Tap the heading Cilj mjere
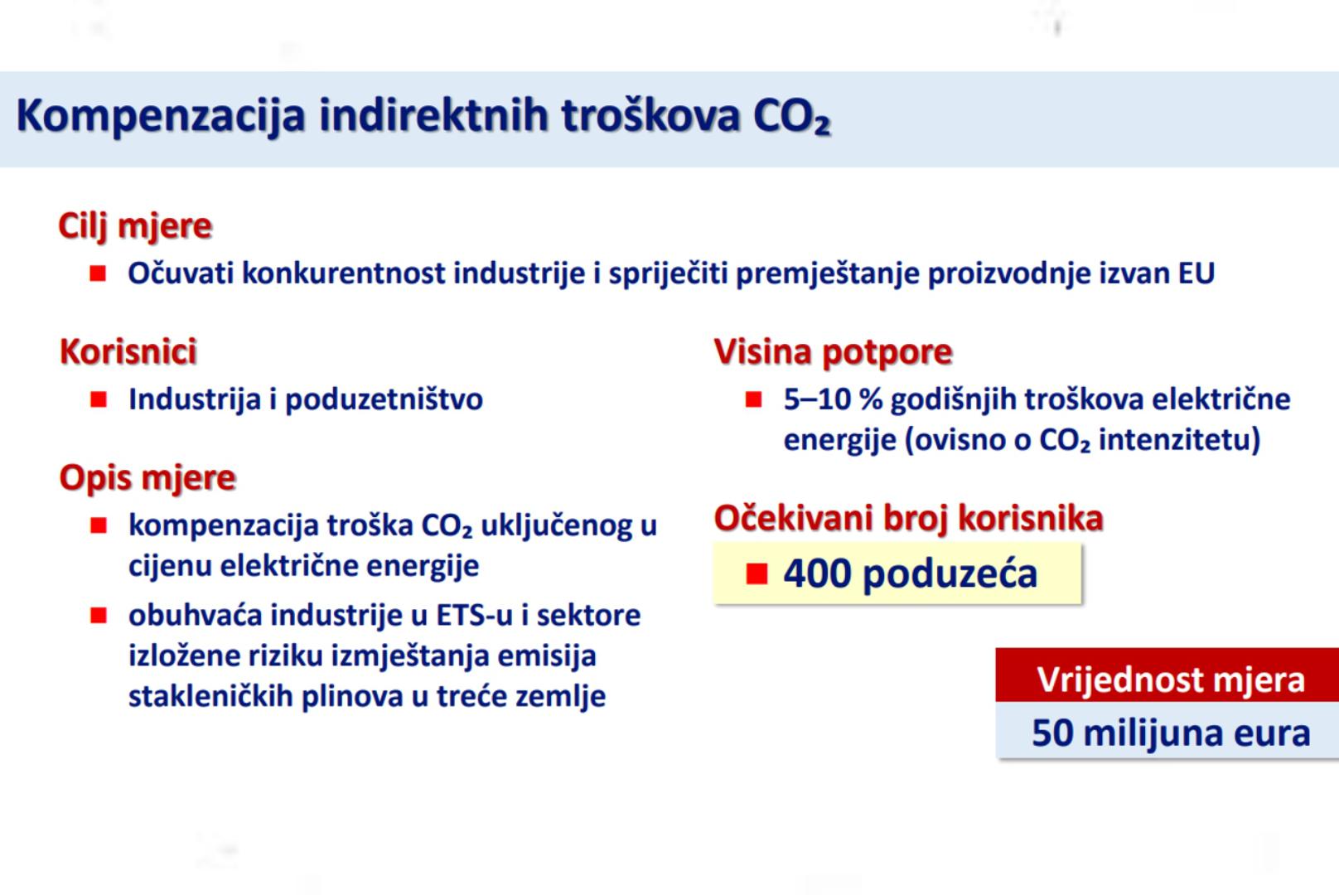135,226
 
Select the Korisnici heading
128,351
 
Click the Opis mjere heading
147,478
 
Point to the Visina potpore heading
833,352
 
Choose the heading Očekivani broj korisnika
909,518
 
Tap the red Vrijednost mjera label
1171,680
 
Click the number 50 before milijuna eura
1052,733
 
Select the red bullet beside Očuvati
98,273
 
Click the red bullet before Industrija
99,399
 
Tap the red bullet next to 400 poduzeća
757,574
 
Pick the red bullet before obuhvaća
99,615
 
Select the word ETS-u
475,615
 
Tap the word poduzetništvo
384,399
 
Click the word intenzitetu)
1179,440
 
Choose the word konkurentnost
344,273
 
